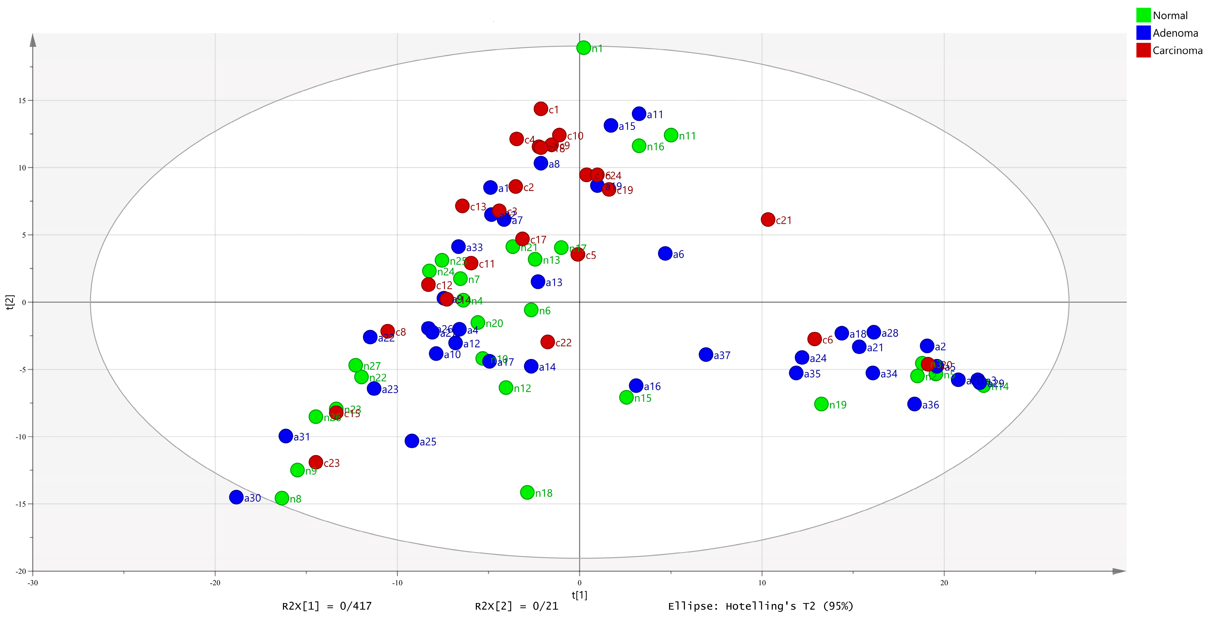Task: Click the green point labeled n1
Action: pyautogui.click(x=583, y=48)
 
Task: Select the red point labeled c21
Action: pyautogui.click(x=768, y=219)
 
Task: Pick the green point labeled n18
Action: pyautogui.click(x=527, y=492)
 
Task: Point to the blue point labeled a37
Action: pyautogui.click(x=706, y=355)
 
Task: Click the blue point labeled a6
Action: pyautogui.click(x=665, y=253)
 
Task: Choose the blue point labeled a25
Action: pyautogui.click(x=412, y=441)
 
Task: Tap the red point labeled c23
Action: pyautogui.click(x=316, y=462)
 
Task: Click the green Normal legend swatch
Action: pyautogui.click(x=1143, y=15)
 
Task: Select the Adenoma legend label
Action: pyautogui.click(x=1175, y=33)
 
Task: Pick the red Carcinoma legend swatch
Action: pyautogui.click(x=1143, y=50)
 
